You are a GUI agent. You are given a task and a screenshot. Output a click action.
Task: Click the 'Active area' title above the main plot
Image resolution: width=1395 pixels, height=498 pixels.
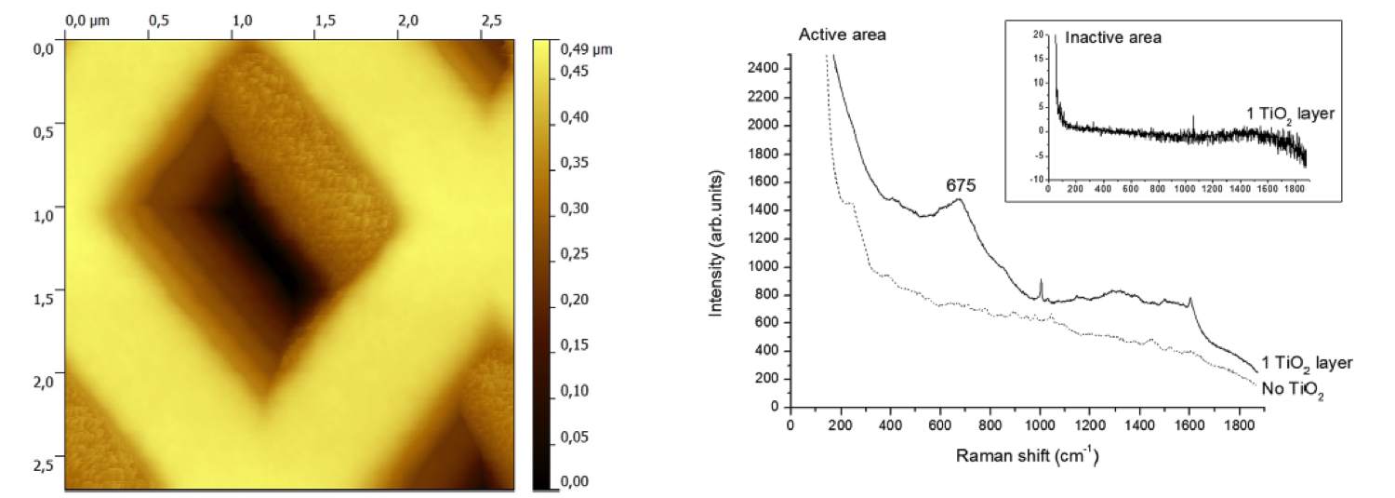843,35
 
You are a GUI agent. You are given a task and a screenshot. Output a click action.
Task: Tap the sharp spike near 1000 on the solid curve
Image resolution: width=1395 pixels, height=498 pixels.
1041,281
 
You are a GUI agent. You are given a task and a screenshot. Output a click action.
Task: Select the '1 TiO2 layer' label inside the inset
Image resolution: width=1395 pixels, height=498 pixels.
1290,114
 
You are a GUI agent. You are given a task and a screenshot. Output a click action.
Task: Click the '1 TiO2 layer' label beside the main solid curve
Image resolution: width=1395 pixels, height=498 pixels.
1306,362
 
